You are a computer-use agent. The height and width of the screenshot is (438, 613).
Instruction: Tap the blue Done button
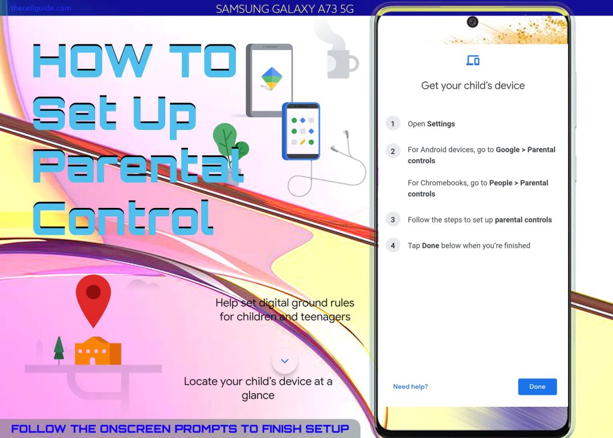[x=537, y=386]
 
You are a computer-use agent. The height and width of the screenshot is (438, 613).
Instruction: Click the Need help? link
[x=410, y=386]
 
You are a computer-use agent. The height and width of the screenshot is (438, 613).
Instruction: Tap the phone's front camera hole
[x=473, y=22]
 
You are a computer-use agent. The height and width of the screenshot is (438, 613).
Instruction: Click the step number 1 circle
[x=393, y=123]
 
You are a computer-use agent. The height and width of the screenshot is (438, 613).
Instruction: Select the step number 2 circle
[x=393, y=151]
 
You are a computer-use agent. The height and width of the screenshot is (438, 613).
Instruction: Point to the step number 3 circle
[x=393, y=219]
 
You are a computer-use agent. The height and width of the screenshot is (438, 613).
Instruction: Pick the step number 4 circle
[x=393, y=246]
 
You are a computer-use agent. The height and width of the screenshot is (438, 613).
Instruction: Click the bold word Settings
[x=441, y=123]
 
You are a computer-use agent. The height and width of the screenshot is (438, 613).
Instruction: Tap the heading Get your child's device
[x=473, y=85]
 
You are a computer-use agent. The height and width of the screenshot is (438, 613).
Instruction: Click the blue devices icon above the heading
[x=473, y=61]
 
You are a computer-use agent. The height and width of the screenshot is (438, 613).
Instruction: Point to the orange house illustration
[x=98, y=351]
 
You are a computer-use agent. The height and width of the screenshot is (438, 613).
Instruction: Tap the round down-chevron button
[x=284, y=361]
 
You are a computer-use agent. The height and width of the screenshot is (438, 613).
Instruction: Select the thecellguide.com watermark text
[x=41, y=8]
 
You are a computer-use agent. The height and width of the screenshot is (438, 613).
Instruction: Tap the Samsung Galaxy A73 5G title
[x=284, y=8]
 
